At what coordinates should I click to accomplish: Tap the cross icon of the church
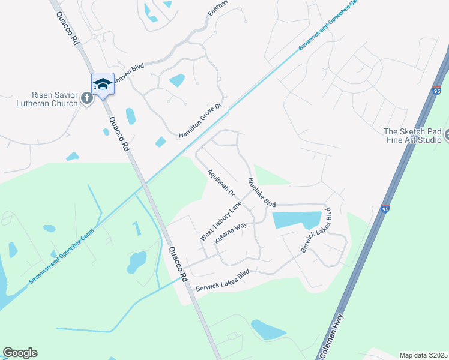(86, 98)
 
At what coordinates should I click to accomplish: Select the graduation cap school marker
(103, 85)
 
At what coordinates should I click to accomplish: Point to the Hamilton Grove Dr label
(200, 121)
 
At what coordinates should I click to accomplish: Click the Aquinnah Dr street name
(220, 183)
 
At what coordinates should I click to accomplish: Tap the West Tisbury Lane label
(220, 222)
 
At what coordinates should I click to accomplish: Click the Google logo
(20, 353)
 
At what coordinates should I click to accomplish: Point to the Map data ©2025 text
(423, 355)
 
